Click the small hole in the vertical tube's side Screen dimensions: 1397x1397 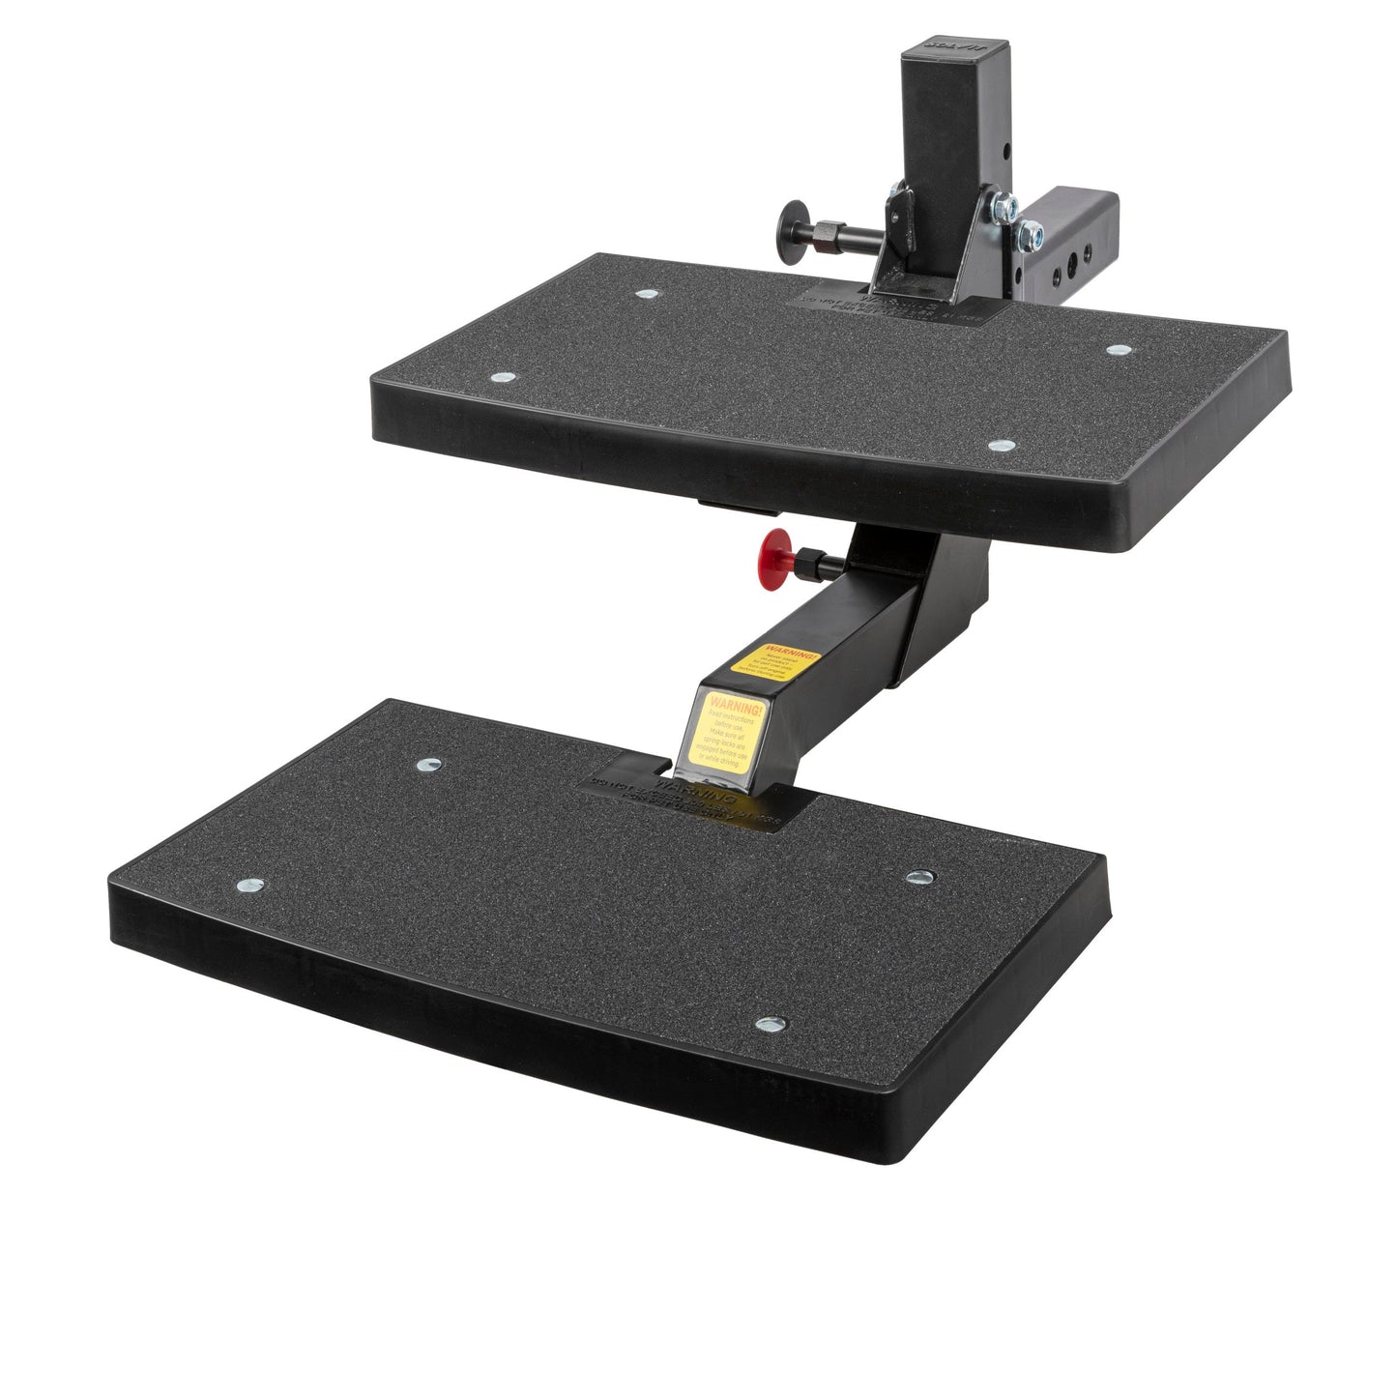(1006, 152)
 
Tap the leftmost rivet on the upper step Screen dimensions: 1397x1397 (500, 378)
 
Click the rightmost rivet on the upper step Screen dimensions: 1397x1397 (1119, 349)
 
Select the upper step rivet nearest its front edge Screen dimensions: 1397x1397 (1002, 446)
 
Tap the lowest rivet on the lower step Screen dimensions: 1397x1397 (770, 1024)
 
